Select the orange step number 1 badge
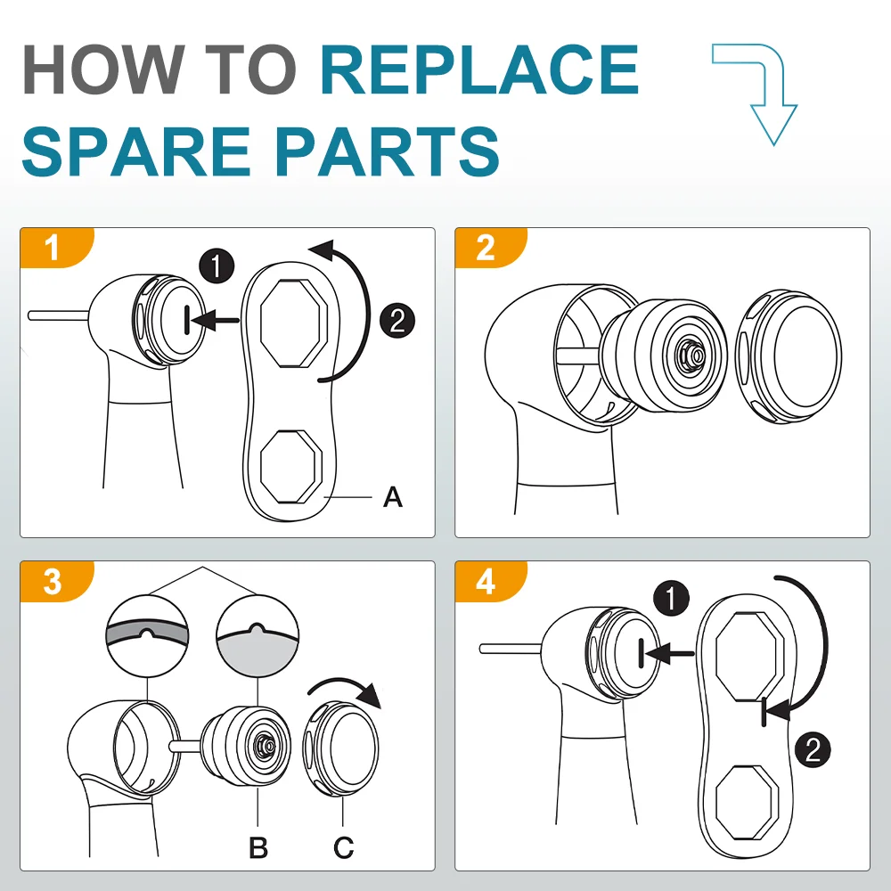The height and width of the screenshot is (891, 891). (x=53, y=248)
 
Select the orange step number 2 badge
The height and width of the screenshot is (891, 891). (x=486, y=248)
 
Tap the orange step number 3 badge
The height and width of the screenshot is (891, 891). (x=53, y=581)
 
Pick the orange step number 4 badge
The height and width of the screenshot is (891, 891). (x=486, y=581)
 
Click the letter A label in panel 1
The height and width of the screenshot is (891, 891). (x=393, y=497)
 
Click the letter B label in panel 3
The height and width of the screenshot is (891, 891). (x=258, y=847)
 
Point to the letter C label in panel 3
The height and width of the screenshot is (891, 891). (x=344, y=847)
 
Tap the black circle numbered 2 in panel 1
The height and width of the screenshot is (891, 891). (x=396, y=320)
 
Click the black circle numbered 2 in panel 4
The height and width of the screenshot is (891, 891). (x=812, y=749)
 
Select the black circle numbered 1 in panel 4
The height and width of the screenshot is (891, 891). (x=671, y=599)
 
